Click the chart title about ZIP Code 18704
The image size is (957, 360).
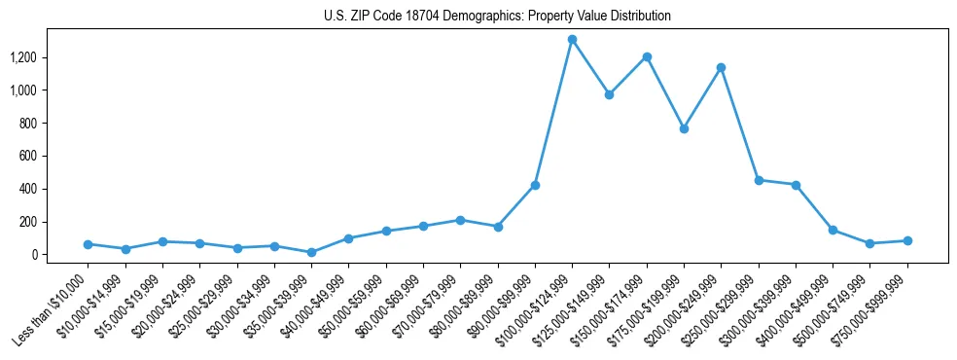click(x=497, y=17)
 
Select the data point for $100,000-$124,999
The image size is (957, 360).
click(x=572, y=40)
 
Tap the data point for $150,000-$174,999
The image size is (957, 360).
click(x=647, y=56)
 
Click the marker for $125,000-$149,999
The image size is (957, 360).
click(x=609, y=94)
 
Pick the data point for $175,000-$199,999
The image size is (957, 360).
click(x=684, y=128)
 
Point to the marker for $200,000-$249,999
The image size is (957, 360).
click(x=721, y=67)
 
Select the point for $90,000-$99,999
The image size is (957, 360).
click(x=535, y=185)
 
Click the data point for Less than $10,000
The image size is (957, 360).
click(x=88, y=244)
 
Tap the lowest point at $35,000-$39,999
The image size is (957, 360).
click(x=311, y=252)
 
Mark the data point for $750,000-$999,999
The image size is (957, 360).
click(x=907, y=240)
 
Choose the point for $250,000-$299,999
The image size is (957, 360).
click(x=759, y=180)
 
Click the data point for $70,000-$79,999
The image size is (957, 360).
click(x=460, y=220)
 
